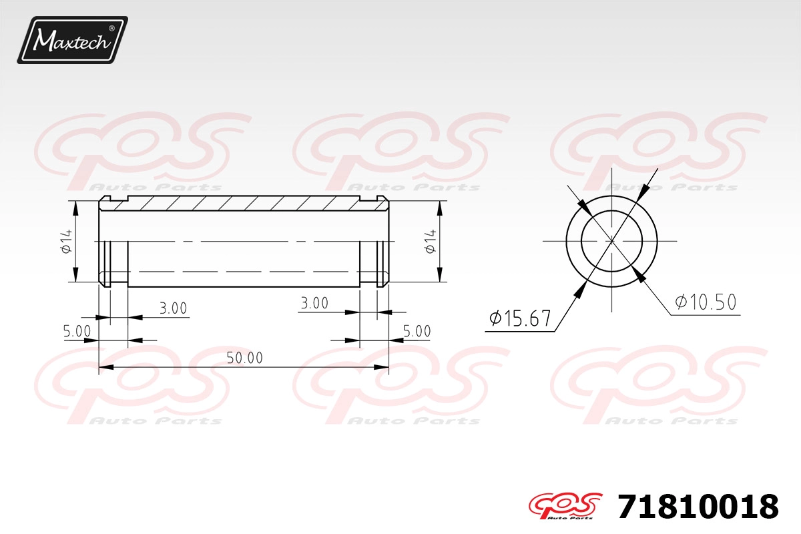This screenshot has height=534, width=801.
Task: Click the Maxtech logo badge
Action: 73,40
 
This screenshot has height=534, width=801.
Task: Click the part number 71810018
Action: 698,507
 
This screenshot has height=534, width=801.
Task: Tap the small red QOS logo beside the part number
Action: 566,506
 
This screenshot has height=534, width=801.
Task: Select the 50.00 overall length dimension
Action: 244,358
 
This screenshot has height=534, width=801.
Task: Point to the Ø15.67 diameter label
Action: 519,318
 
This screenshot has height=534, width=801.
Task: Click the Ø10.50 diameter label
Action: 706,302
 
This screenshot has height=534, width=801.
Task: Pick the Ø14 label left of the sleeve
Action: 67,242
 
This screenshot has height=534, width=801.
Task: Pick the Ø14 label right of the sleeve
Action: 431,242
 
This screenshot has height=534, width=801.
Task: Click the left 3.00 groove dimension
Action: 173,308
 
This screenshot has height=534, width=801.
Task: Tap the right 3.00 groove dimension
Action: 314,303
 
